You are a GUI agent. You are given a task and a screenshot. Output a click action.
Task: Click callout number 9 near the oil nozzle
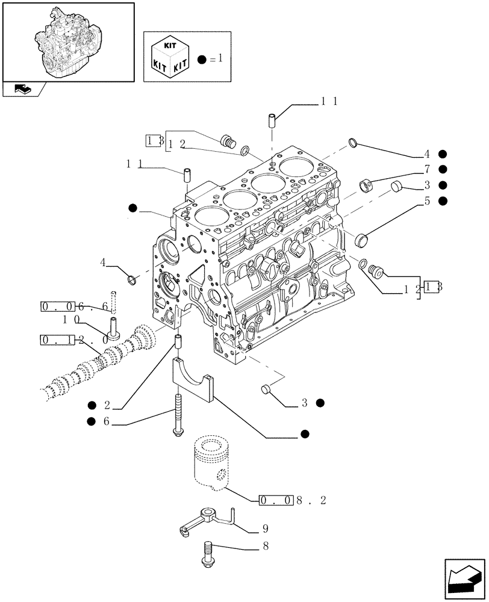[266, 530]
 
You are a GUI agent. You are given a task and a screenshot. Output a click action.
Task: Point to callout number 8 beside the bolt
[266, 547]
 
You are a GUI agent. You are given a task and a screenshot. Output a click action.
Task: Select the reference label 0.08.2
[292, 501]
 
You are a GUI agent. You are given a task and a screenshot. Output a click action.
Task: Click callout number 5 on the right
[426, 201]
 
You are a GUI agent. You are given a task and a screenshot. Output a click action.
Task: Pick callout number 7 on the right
[426, 170]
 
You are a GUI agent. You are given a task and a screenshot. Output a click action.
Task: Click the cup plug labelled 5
[361, 240]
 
